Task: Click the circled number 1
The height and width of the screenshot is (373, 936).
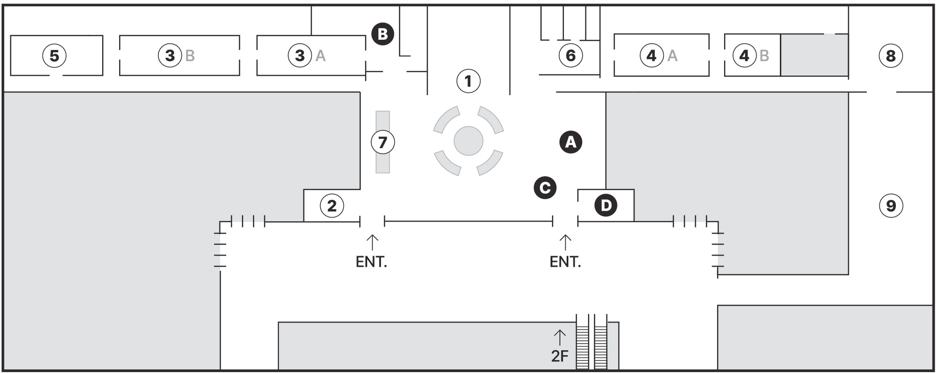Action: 468,81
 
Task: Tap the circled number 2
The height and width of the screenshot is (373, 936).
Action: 332,206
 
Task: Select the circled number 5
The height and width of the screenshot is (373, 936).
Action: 54,56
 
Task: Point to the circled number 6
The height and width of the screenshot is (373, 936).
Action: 571,55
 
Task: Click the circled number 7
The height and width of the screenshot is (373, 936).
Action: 383,142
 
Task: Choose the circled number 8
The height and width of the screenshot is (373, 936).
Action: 891,56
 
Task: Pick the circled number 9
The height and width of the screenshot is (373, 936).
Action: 891,206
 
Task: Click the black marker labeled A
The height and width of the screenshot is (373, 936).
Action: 571,142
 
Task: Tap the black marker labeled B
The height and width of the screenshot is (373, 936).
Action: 383,34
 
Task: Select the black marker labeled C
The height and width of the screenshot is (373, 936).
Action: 545,188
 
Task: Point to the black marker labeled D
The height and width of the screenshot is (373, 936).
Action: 606,206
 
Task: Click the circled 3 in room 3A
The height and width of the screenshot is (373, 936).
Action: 300,56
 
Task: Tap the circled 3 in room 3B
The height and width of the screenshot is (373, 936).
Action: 170,56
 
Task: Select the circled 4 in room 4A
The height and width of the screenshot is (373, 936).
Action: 652,56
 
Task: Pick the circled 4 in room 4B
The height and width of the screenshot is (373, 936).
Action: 745,56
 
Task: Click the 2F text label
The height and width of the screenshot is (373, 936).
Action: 560,356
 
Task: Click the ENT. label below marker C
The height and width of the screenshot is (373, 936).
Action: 565,261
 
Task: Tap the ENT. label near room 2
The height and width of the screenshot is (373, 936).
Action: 371,261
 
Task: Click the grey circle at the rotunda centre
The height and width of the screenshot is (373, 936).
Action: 468,141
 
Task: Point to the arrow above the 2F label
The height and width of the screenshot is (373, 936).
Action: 559,337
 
